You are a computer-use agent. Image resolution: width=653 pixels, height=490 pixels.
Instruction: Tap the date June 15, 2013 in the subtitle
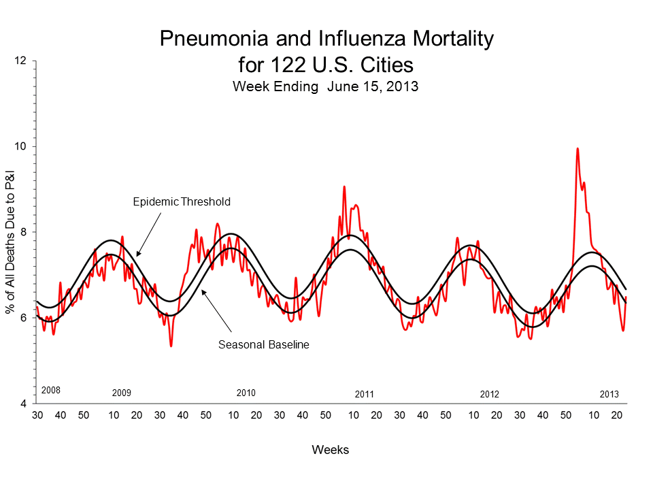pos(372,86)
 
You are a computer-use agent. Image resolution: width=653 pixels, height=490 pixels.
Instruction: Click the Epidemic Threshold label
pos(181,201)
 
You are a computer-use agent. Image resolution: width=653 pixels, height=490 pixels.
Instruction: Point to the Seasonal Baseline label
pos(264,344)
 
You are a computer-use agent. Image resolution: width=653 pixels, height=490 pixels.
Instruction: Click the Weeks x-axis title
pos(331,450)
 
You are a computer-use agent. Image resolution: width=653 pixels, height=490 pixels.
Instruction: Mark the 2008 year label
pos(51,391)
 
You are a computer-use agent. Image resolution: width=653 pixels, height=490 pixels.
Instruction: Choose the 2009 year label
pos(121,394)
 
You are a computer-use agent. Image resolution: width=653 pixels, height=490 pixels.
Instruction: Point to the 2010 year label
pos(246,393)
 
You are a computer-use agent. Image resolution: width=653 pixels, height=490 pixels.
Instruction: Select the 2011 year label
pos(365,395)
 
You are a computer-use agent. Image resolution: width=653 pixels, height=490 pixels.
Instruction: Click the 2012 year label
pos(489,395)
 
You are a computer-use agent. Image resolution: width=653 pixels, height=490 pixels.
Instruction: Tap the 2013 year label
pos(609,395)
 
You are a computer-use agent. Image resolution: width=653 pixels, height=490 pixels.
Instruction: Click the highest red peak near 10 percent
pos(577,149)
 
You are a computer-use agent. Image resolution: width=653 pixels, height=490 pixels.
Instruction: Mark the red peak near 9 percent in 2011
pos(344,186)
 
